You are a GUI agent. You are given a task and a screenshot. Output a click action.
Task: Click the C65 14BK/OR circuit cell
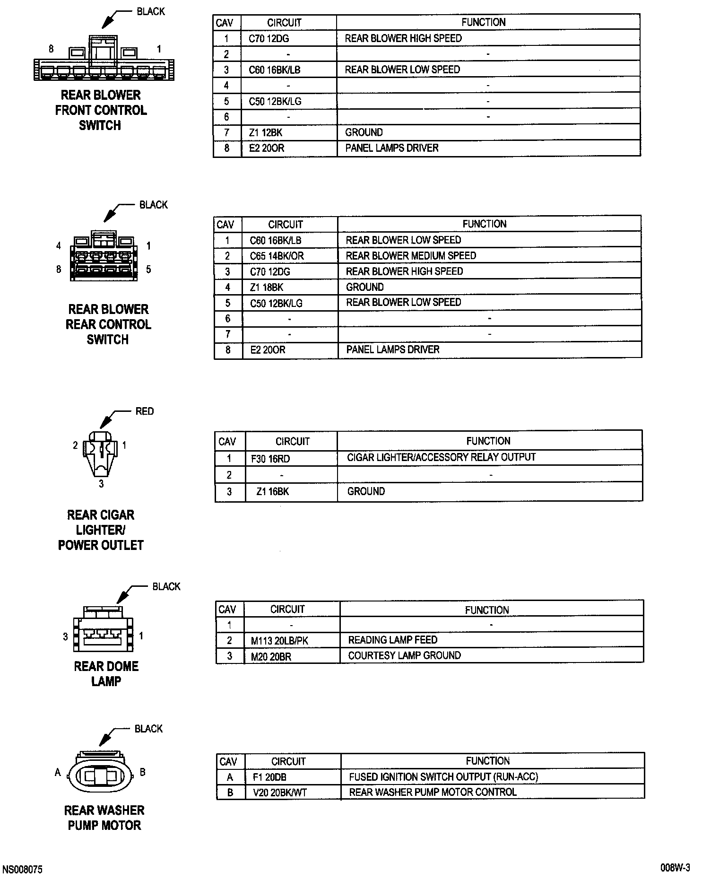277,256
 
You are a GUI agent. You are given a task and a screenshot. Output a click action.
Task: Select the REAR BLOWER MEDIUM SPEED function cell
411,256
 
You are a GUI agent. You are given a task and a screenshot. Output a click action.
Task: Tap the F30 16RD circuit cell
270,459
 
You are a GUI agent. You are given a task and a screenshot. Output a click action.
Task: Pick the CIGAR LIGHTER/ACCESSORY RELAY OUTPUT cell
441,457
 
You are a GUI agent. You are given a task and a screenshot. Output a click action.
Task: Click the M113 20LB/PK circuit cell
279,641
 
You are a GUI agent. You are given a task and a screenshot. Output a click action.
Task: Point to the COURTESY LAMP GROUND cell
404,655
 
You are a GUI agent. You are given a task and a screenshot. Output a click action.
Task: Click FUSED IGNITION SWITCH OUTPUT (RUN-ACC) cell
443,777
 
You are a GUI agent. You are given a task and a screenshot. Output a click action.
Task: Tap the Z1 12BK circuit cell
266,133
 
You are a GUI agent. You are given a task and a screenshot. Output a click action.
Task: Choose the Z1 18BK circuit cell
267,287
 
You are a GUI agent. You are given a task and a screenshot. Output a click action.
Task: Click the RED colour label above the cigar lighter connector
144,411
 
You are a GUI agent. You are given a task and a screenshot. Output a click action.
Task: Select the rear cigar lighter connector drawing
101,453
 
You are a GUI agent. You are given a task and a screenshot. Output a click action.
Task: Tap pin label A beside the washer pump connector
58,773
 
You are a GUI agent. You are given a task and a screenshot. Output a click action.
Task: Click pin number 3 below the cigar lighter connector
101,484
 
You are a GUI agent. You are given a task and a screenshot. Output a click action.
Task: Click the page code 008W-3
675,868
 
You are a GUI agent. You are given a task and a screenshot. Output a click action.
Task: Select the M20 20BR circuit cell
271,656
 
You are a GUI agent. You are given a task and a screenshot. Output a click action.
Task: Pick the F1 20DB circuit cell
269,777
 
